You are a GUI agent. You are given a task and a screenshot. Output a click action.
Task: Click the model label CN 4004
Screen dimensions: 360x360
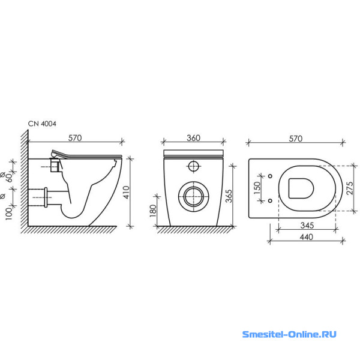click(42, 124)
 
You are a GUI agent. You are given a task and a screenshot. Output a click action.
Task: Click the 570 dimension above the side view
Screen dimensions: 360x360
click(75, 138)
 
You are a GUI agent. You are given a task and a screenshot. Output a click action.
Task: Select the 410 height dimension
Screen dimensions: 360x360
click(126, 193)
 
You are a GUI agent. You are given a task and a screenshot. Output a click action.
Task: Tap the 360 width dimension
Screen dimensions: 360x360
click(194, 138)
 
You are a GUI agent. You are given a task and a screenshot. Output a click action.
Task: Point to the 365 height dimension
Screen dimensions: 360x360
click(229, 196)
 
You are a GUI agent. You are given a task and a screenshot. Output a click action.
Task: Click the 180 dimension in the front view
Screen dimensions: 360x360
click(153, 211)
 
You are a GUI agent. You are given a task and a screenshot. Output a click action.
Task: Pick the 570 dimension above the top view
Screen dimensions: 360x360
click(295, 139)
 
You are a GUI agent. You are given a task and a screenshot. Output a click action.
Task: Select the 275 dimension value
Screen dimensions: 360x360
click(350, 188)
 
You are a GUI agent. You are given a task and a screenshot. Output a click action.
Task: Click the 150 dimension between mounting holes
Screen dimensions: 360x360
click(257, 188)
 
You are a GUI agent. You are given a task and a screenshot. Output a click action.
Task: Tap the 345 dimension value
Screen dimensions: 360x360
click(307, 226)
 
